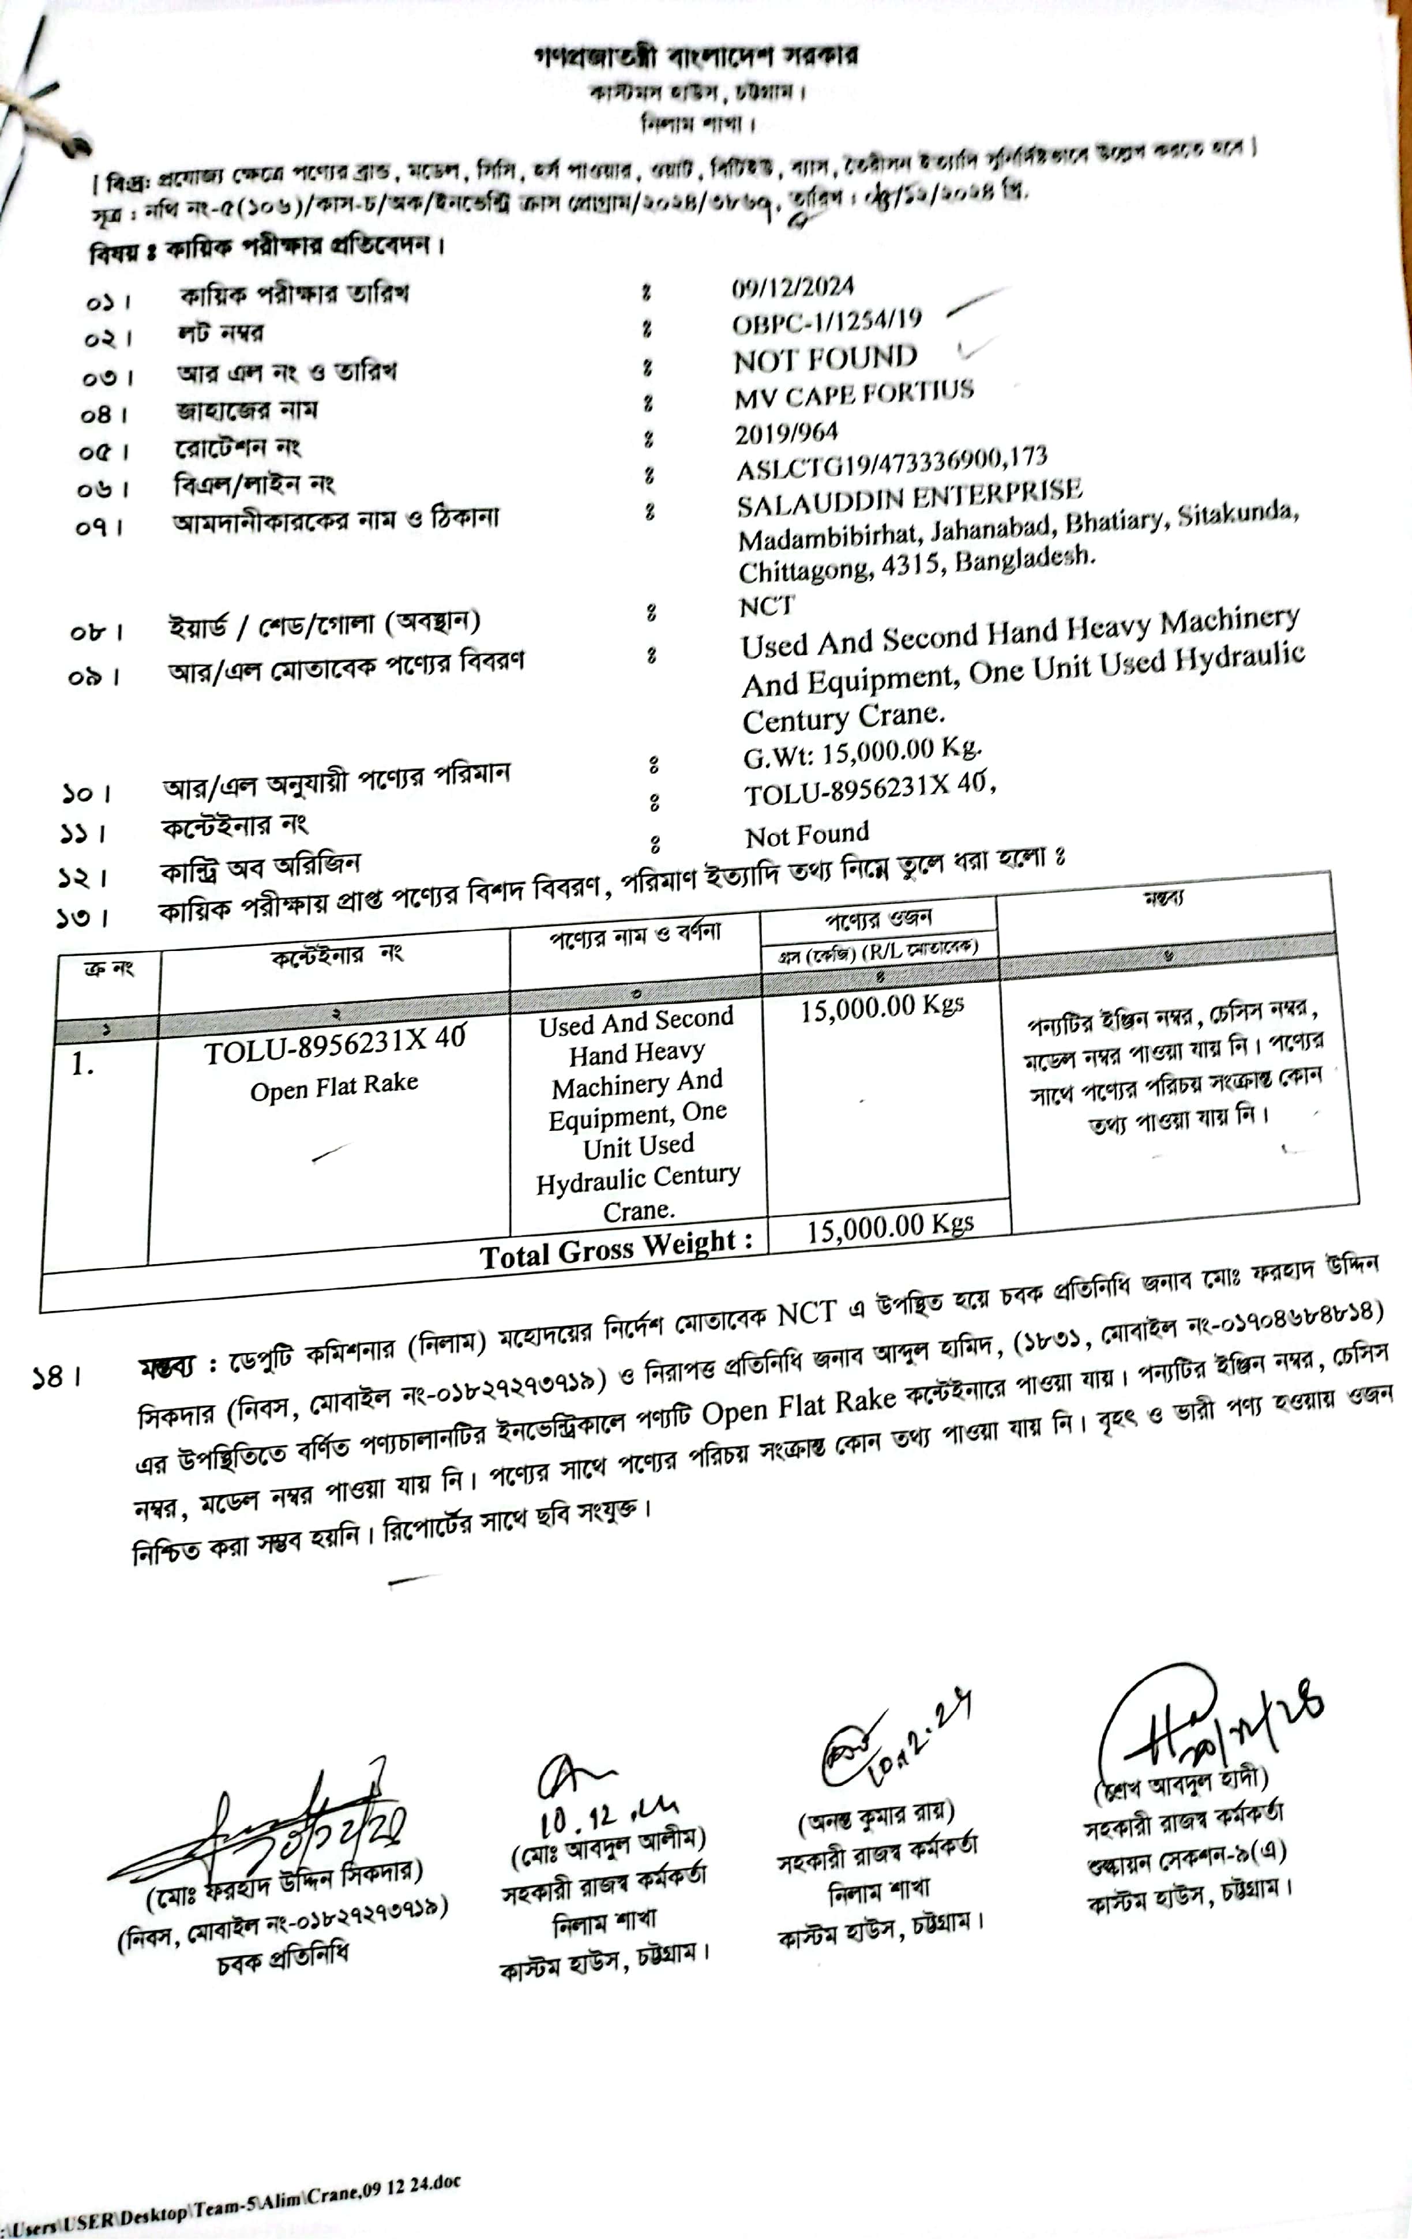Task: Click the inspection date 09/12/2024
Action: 793,287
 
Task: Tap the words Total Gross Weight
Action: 616,1249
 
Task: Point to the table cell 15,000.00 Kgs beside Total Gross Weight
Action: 890,1227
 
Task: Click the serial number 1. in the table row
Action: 83,1064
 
